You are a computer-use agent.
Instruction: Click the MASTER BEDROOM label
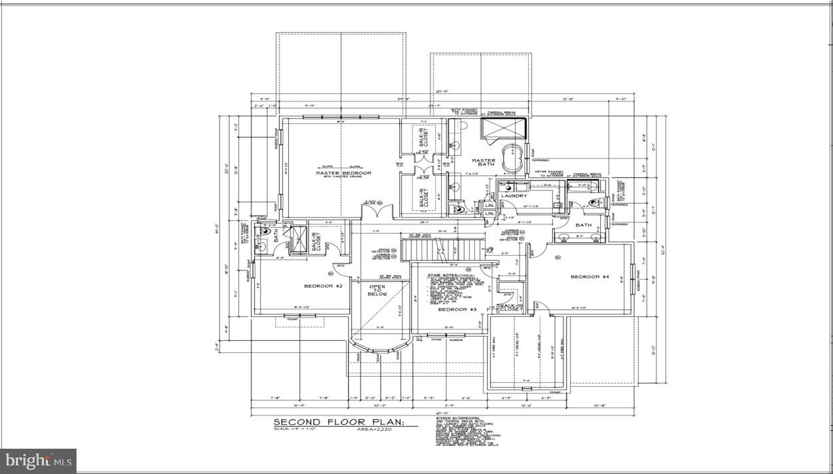[x=343, y=174]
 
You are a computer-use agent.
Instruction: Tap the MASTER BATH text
[x=484, y=162]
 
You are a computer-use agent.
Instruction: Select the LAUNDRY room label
[x=514, y=196]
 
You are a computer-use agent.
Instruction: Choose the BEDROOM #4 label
[x=590, y=277]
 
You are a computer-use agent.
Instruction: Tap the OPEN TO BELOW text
[x=377, y=292]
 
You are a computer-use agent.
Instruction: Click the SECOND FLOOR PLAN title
[x=344, y=422]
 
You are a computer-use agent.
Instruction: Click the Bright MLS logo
[x=38, y=460]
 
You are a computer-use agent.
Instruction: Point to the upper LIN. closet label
[x=490, y=205]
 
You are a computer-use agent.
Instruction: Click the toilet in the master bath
[x=456, y=209]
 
